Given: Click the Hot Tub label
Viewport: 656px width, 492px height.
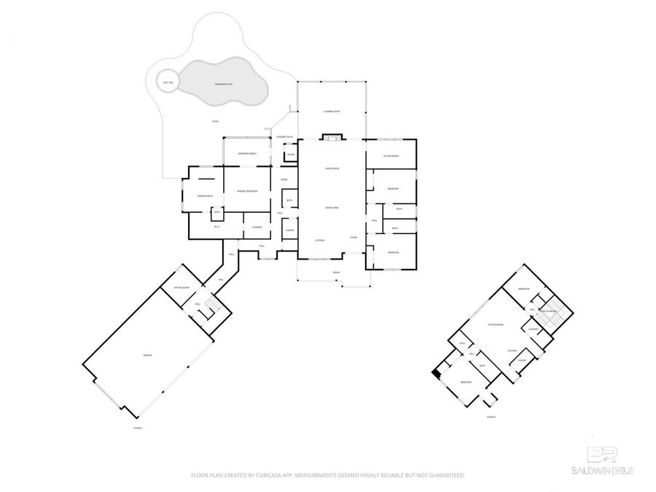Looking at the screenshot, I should pos(167,82).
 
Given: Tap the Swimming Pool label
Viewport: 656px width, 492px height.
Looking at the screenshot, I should pos(224,85).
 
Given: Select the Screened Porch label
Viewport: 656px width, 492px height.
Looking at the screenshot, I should pos(248,154).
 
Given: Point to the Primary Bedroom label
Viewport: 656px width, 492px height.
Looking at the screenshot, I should pos(247,191).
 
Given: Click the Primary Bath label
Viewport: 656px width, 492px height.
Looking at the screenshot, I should pos(205,196).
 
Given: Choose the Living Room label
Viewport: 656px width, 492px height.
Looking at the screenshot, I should pos(332,169).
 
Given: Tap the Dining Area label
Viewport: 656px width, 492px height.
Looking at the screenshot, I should pos(332,208).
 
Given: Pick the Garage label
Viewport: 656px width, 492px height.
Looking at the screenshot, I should pos(147,355).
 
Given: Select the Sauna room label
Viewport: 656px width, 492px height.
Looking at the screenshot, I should pos(290,155).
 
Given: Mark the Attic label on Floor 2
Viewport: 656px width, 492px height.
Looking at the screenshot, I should pos(461,343).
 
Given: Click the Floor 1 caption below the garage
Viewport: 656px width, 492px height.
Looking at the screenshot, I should pos(138,428).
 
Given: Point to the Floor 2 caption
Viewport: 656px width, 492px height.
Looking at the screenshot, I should pos(491,417).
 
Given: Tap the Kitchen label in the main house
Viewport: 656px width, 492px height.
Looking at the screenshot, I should pos(319,240).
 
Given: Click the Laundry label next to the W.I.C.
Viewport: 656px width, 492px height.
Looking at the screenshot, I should pos(257,227).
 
